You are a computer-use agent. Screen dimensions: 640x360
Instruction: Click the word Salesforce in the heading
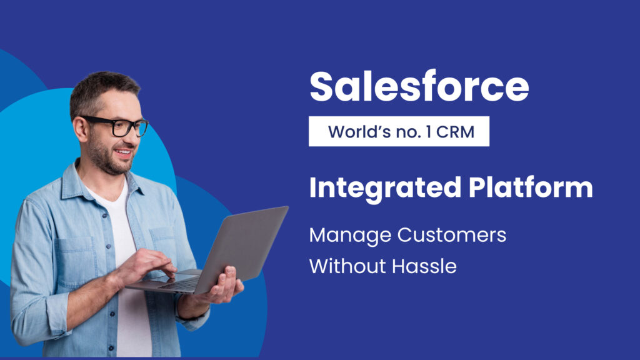419,86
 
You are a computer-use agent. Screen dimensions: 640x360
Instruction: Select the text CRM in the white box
455,132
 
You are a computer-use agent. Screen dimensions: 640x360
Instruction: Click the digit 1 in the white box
428,132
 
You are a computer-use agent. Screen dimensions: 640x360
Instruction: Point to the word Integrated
385,188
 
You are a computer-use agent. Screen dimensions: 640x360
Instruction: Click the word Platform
531,187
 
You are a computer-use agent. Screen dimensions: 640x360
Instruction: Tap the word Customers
452,235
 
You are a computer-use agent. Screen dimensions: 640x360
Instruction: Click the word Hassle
424,266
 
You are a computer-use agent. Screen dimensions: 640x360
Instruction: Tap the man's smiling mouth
124,154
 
